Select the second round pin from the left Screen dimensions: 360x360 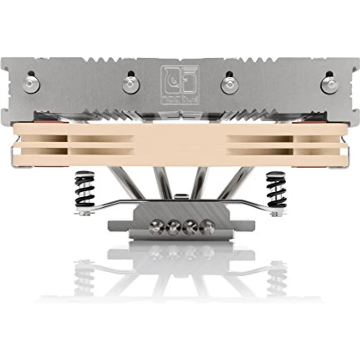[x=131, y=84]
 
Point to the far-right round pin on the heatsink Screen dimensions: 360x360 [x=329, y=85]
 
